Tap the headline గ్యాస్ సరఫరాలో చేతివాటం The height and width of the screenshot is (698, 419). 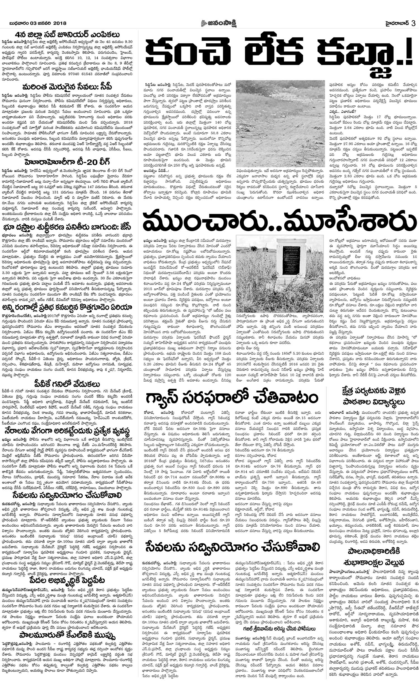pyautogui.click(x=232, y=399)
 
